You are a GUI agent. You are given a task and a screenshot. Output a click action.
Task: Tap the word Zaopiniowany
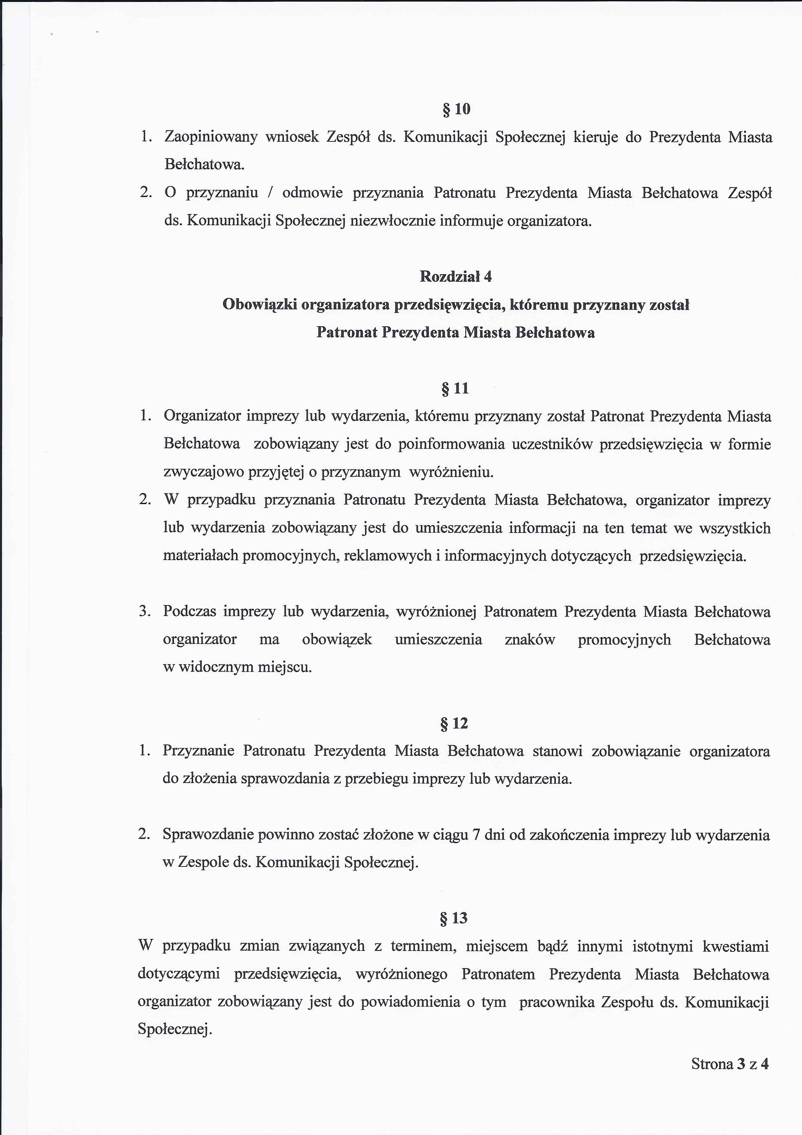point(211,138)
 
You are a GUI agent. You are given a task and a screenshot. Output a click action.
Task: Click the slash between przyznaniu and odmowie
point(270,193)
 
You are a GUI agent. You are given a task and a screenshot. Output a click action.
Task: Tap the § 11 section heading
point(455,389)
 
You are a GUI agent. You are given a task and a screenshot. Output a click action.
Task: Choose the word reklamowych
point(387,556)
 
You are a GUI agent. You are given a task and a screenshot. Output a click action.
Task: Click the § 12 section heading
point(454,724)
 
